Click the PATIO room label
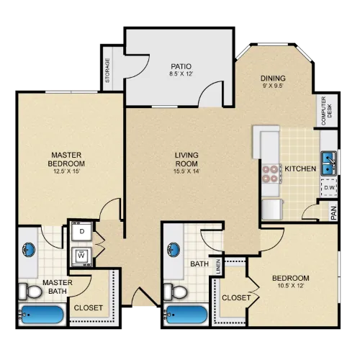181,66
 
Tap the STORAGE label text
107,71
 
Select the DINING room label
273,78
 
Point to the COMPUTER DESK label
326,111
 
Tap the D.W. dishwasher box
329,187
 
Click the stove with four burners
271,174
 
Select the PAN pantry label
334,213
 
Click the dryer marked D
82,231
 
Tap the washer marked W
82,256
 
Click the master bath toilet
30,292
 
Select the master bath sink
29,250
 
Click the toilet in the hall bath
176,292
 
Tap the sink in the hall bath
174,250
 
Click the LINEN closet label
218,266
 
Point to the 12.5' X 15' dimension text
66,171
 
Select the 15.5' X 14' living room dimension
186,171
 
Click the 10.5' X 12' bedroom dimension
291,286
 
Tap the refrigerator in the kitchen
272,210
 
